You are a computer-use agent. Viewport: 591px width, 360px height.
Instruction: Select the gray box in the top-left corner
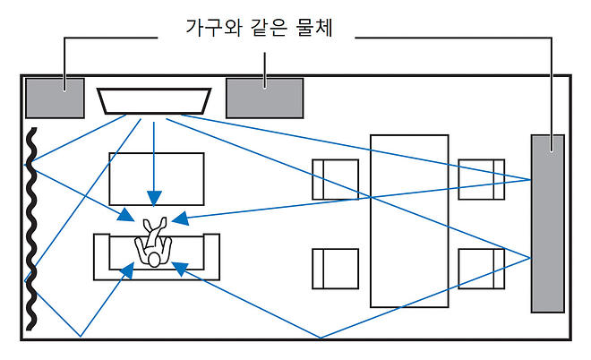(54, 98)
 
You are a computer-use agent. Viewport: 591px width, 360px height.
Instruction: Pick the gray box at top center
(266, 97)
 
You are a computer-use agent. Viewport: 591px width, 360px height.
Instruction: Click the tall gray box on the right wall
(547, 223)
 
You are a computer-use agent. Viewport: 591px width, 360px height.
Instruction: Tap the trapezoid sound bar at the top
(154, 100)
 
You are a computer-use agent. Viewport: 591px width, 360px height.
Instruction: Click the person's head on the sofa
(154, 259)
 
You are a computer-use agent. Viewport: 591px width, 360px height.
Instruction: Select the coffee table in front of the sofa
(156, 179)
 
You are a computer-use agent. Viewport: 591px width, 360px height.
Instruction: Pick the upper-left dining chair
(335, 179)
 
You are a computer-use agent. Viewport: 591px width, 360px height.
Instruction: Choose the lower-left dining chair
(335, 269)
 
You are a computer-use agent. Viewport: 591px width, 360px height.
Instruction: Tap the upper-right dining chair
(482, 179)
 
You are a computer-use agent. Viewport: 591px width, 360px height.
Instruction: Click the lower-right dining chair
(482, 269)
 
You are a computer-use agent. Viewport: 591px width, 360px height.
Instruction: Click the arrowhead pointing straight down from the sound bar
(154, 198)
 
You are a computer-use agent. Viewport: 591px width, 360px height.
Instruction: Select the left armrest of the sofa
(101, 257)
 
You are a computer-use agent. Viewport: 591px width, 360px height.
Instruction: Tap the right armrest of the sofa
(212, 257)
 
